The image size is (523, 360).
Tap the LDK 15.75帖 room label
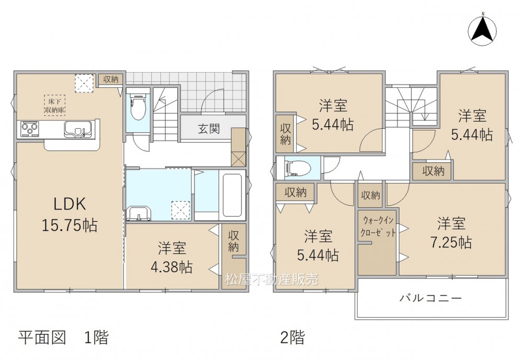click(70, 214)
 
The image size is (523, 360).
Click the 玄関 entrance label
click(209, 129)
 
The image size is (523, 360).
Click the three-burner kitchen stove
click(30, 129)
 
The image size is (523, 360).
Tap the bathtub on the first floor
click(232, 195)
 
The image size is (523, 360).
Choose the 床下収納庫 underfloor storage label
click(55, 105)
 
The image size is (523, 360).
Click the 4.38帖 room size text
click(172, 267)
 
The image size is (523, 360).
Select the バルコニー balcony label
click(430, 298)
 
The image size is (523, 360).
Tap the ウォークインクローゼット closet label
click(378, 227)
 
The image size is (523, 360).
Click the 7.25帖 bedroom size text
click(451, 243)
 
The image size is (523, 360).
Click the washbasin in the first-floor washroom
click(139, 213)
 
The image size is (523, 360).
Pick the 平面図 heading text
click(42, 337)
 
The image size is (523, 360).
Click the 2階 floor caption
click(292, 337)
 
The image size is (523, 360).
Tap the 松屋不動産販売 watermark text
click(272, 279)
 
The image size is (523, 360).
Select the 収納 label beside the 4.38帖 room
click(233, 241)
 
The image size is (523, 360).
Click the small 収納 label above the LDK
click(111, 79)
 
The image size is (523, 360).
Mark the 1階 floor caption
click(96, 337)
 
